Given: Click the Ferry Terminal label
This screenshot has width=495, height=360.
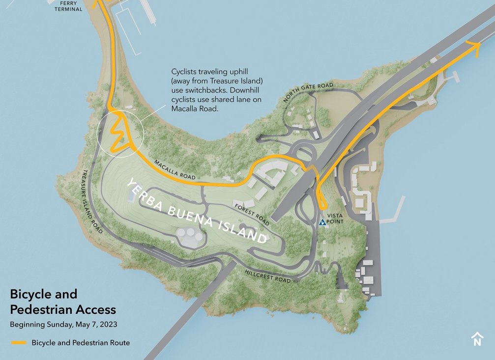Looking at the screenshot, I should [68, 6].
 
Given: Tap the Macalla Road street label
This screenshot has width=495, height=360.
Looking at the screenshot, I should [175, 169].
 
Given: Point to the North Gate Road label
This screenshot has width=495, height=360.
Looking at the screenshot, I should [308, 92].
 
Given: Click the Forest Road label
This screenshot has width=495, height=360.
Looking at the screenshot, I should [252, 214].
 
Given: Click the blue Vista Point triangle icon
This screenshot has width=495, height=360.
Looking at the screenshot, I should [322, 222].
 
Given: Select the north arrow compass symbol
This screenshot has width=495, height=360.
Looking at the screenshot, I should [477, 339].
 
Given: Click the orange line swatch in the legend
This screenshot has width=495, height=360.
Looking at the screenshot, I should [19, 343].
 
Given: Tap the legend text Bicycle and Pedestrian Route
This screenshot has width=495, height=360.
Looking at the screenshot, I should [81, 343].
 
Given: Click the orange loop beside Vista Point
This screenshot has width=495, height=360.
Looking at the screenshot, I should [320, 199].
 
